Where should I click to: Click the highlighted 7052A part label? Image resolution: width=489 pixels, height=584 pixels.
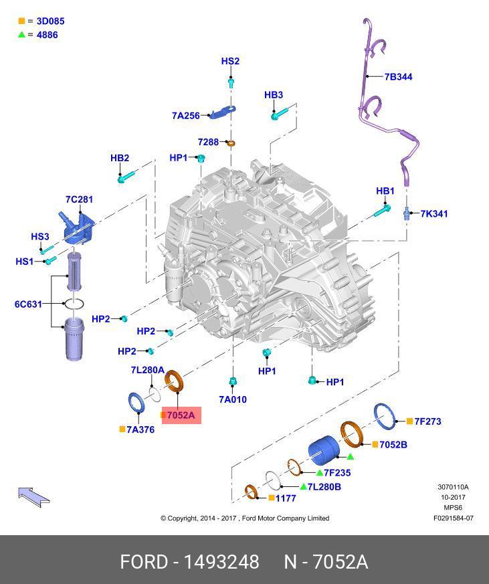pyautogui.click(x=181, y=415)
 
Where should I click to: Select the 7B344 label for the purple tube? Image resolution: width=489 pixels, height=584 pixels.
pyautogui.click(x=398, y=77)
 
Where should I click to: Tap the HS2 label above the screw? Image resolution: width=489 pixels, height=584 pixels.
pyautogui.click(x=230, y=62)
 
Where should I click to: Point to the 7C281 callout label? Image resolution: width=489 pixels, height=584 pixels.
pyautogui.click(x=79, y=199)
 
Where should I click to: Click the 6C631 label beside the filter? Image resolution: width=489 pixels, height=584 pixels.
pyautogui.click(x=28, y=304)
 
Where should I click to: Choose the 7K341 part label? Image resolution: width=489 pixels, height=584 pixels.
pyautogui.click(x=433, y=214)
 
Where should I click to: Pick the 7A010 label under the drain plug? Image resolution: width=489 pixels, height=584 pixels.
pyautogui.click(x=233, y=399)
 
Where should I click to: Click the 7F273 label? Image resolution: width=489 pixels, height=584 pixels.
pyautogui.click(x=427, y=421)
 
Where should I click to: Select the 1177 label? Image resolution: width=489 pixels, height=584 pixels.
pyautogui.click(x=286, y=498)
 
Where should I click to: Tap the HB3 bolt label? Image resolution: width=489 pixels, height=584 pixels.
pyautogui.click(x=274, y=96)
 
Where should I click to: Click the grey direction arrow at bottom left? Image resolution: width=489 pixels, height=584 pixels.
pyautogui.click(x=33, y=496)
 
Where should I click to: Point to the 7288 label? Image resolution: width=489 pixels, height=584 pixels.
pyautogui.click(x=208, y=142)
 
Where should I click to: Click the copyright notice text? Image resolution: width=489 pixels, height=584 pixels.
pyautogui.click(x=245, y=518)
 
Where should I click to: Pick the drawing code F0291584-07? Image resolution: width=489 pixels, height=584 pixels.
pyautogui.click(x=453, y=518)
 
